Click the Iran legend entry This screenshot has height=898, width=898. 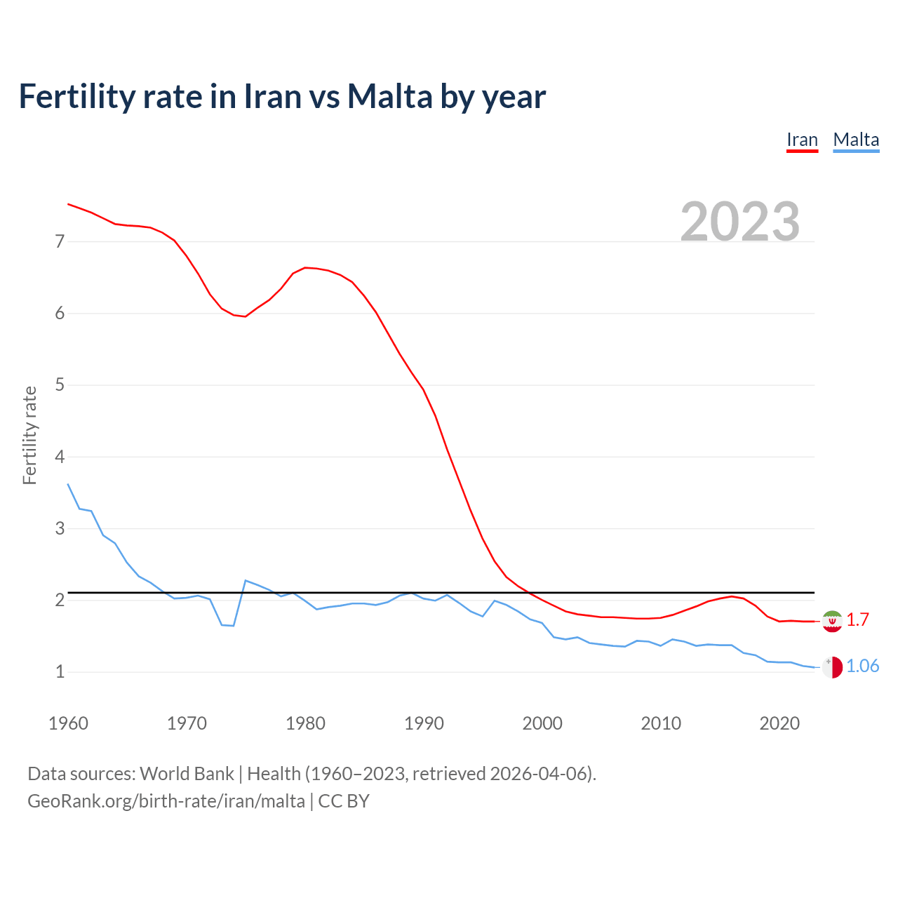(802, 140)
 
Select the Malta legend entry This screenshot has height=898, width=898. (856, 140)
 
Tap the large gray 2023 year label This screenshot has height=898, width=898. (740, 222)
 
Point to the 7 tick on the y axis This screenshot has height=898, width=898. (60, 242)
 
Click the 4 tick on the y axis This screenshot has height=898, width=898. (60, 457)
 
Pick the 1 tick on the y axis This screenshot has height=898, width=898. (60, 672)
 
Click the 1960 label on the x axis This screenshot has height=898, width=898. (68, 723)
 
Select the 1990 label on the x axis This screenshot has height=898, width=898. (424, 723)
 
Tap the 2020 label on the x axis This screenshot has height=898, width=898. (779, 723)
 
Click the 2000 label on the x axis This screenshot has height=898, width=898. (542, 723)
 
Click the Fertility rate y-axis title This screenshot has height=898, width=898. (29, 435)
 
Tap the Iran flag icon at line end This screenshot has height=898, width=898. (832, 621)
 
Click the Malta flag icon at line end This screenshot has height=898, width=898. (832, 667)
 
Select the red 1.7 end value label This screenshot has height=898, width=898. (857, 620)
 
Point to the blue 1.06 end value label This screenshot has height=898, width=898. (862, 666)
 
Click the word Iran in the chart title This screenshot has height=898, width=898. (272, 97)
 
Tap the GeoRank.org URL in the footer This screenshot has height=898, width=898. (166, 801)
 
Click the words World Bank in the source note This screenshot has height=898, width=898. (187, 774)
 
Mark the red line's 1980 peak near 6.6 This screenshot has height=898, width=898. (305, 267)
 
